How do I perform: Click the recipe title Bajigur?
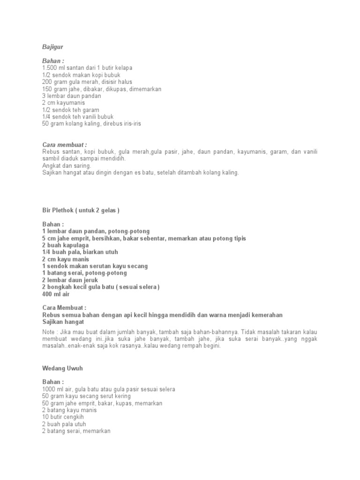(x=52, y=47)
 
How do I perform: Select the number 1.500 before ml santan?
(x=50, y=68)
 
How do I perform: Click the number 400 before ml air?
(x=47, y=294)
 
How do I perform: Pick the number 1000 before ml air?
(x=49, y=390)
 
